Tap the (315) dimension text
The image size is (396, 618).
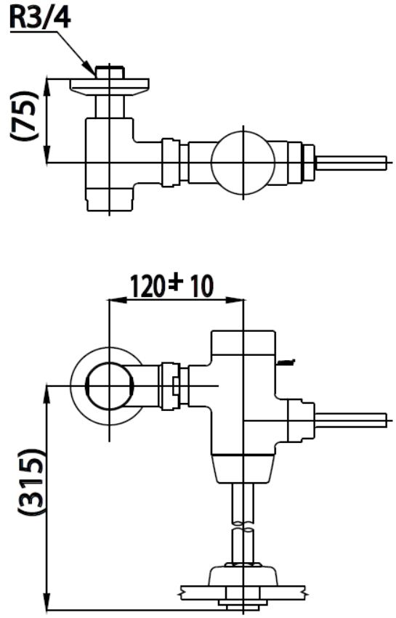[x=30, y=481]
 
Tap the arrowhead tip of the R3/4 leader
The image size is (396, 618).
[x=94, y=75]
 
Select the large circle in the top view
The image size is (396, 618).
[x=243, y=162]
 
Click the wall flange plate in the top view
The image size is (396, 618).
[x=109, y=87]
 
